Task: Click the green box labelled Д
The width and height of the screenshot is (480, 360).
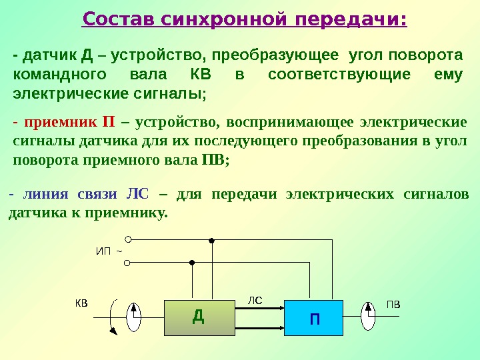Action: click(x=198, y=316)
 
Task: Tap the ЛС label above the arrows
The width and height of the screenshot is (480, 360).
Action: click(x=256, y=301)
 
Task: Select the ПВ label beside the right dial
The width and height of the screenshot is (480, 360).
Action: click(x=394, y=303)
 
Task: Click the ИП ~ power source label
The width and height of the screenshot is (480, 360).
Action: click(x=108, y=251)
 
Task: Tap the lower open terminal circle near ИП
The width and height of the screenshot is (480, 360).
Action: click(x=127, y=263)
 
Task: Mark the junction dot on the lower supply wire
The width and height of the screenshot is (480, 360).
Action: click(x=191, y=263)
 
